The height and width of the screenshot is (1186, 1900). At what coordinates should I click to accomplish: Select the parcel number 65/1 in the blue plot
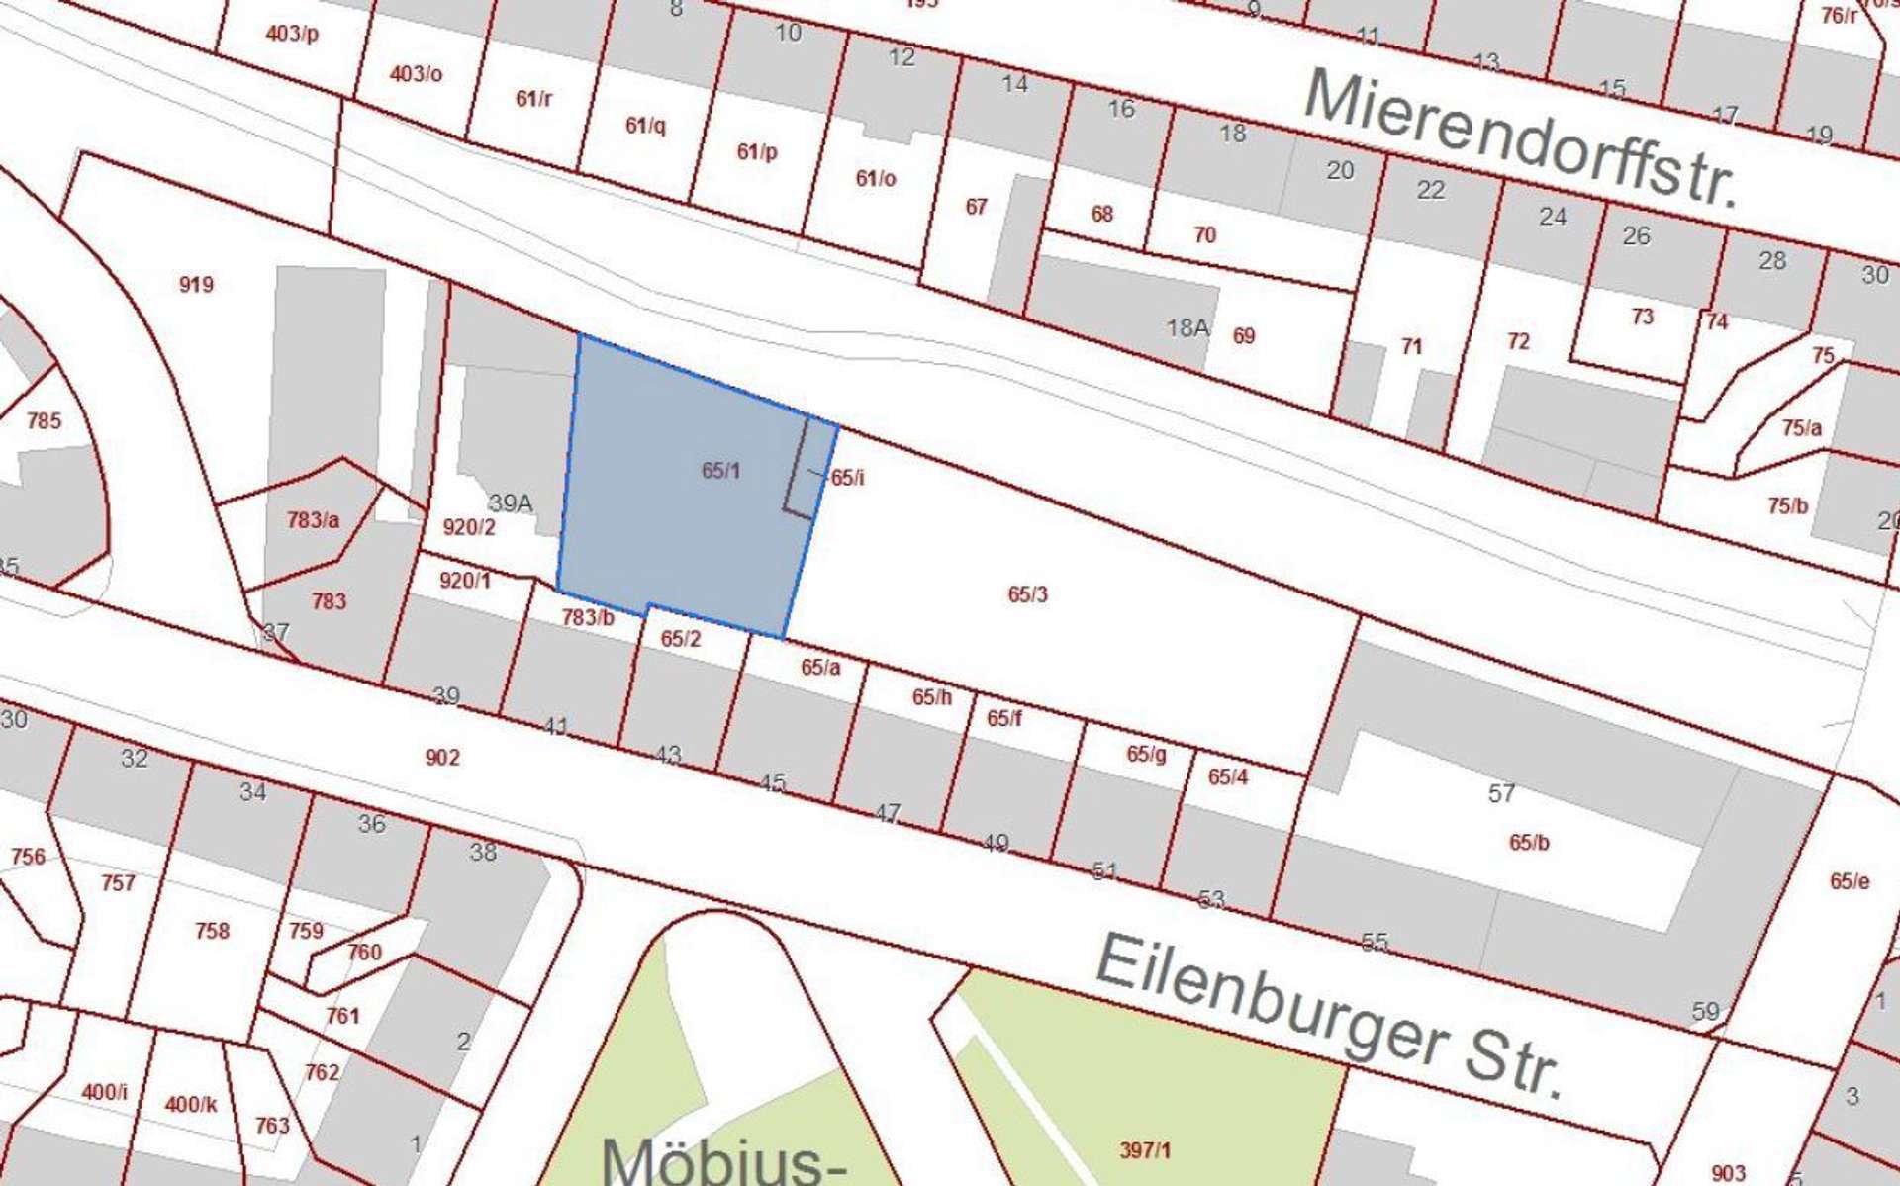pyautogui.click(x=720, y=471)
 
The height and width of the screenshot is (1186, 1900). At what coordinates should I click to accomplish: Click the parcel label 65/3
pyautogui.click(x=1027, y=594)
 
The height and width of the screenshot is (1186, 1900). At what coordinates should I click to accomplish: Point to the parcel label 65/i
pyautogui.click(x=847, y=478)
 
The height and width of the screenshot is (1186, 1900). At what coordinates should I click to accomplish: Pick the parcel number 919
pyautogui.click(x=196, y=285)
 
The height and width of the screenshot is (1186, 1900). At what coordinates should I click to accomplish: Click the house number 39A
pyautogui.click(x=511, y=503)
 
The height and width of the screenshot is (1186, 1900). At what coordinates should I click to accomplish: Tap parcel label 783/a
pyautogui.click(x=313, y=519)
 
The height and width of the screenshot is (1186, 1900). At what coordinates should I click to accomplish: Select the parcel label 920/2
pyautogui.click(x=468, y=527)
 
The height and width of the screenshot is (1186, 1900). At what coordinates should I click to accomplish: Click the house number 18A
pyautogui.click(x=1187, y=327)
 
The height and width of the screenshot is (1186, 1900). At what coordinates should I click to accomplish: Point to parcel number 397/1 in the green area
pyautogui.click(x=1145, y=1150)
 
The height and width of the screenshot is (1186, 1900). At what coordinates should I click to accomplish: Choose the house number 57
pyautogui.click(x=1501, y=793)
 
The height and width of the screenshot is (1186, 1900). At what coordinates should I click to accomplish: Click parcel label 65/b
pyautogui.click(x=1529, y=843)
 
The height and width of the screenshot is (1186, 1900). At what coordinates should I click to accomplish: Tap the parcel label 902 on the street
pyautogui.click(x=442, y=758)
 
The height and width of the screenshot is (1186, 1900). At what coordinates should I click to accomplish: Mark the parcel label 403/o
pyautogui.click(x=416, y=74)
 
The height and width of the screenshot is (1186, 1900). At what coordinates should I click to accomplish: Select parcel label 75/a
pyautogui.click(x=1801, y=428)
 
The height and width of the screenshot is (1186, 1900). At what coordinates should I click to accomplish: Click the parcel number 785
pyautogui.click(x=44, y=421)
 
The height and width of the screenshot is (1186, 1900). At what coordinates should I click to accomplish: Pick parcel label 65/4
pyautogui.click(x=1227, y=777)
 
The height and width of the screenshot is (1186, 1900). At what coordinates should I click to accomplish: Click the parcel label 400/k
pyautogui.click(x=190, y=1104)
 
